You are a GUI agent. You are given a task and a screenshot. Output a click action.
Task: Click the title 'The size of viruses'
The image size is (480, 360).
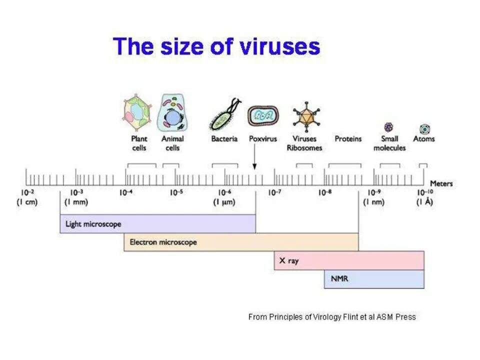[x=216, y=46]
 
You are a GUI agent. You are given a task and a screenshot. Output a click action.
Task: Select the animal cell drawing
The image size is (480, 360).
[x=172, y=112]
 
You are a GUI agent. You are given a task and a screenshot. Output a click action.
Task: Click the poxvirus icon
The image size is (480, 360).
[x=263, y=116]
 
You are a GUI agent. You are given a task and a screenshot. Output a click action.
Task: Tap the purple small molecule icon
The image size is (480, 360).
[x=388, y=127]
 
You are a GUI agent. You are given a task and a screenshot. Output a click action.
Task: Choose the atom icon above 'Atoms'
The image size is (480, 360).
[x=424, y=129]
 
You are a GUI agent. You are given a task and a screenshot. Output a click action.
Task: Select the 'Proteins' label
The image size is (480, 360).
[x=347, y=138]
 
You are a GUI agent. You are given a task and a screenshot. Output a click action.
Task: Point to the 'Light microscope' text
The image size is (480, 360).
[x=93, y=224]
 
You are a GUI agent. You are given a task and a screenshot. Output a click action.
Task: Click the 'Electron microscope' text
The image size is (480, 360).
[x=163, y=242]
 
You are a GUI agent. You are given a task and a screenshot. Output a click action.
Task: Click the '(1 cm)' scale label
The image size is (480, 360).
[x=27, y=202]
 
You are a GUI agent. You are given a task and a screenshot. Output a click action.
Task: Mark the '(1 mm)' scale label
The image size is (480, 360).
[x=76, y=202]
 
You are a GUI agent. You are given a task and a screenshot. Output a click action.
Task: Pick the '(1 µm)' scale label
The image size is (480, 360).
[x=224, y=202]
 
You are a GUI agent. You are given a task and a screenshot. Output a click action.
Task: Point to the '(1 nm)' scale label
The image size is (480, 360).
[x=373, y=202]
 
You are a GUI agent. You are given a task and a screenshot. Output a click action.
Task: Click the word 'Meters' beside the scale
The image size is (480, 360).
[x=440, y=183]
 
